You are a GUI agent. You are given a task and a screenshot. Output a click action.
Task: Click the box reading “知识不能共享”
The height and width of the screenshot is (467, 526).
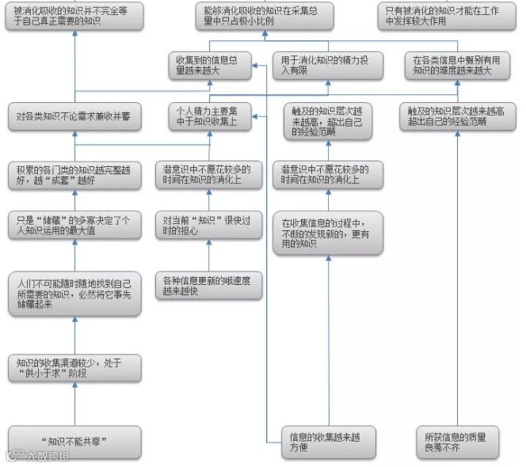click(74, 442)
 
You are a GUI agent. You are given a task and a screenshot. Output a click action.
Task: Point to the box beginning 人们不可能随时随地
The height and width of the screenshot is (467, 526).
click(74, 293)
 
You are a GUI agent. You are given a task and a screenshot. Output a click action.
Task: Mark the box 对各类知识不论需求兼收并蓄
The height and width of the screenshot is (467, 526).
click(74, 116)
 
